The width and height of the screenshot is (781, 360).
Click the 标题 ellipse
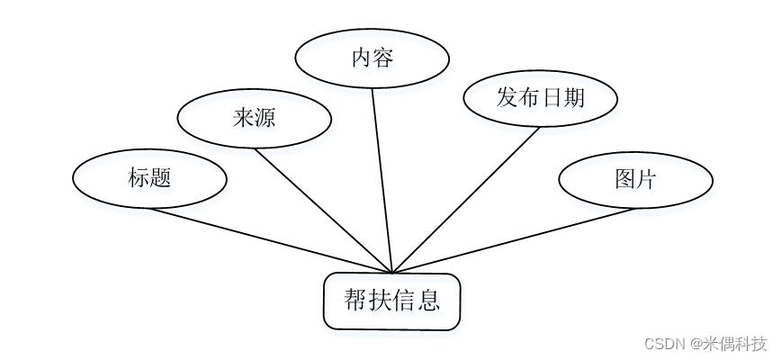pyautogui.click(x=149, y=178)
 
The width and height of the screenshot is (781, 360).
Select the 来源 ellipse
pyautogui.click(x=254, y=118)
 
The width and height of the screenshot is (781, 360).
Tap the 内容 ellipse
pyautogui.click(x=373, y=59)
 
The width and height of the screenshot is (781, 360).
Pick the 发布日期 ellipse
pyautogui.click(x=541, y=96)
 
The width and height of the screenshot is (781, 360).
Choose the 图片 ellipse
pyautogui.click(x=635, y=179)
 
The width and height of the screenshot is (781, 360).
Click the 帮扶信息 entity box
pyautogui.click(x=392, y=301)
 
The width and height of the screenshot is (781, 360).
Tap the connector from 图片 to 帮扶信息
pyautogui.click(x=513, y=240)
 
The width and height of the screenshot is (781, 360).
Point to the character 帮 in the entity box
pyautogui.click(x=355, y=300)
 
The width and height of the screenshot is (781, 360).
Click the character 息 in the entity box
pyautogui.click(x=429, y=300)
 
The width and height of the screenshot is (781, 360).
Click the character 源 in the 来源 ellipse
pyautogui.click(x=265, y=118)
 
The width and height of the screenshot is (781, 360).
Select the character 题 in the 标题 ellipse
pyautogui.click(x=161, y=178)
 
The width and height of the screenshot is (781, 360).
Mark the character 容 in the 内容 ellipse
pyautogui.click(x=383, y=59)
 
